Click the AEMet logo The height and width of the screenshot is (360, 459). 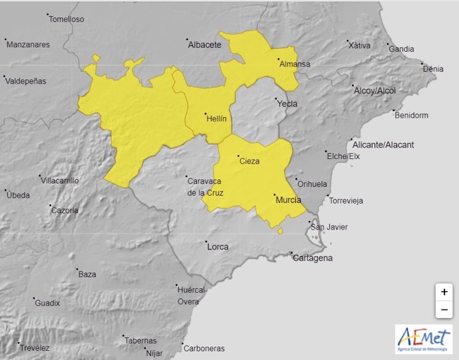coord(423,339)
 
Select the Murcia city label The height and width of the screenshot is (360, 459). coord(287,200)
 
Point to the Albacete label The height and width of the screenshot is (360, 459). coord(204,45)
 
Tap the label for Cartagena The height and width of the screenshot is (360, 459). coord(313,258)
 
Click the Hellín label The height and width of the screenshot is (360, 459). coord(217,119)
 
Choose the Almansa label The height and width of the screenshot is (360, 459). coord(295,65)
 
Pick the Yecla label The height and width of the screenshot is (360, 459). coord(287,104)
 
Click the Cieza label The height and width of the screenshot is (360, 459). coord(249,161)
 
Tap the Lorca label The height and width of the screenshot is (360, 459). coord(218,247)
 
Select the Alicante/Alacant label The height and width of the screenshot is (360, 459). coord(383,145)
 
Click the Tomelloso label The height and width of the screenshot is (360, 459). coord(67,19)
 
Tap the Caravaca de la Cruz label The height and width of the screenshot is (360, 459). coord(206,187)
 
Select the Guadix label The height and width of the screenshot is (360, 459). coord(47,303)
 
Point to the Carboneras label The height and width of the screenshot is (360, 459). coord(204,348)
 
